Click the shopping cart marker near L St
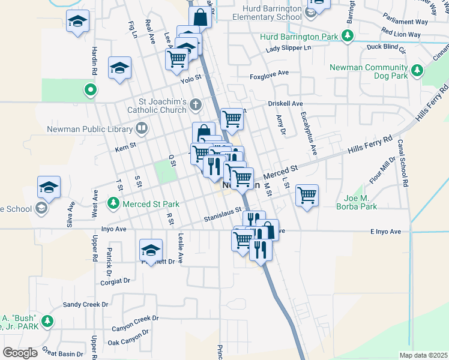pos(307,195)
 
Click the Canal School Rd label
pos(404,162)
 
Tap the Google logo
pos(20,353)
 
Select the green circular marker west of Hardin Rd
pos(90,91)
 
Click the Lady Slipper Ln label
pos(289,48)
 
